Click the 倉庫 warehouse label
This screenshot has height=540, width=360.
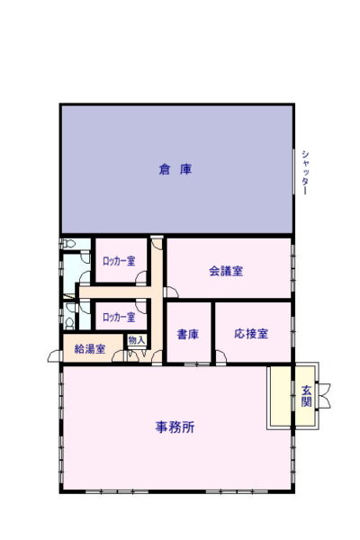175,169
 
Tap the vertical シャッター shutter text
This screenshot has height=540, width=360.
305,172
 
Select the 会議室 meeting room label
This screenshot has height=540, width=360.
226,271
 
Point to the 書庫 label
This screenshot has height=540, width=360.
188,334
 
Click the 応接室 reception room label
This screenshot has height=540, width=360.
251,333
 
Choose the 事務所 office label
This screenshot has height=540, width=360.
175,427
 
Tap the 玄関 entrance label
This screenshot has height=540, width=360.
306,396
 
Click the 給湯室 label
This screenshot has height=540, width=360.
90,349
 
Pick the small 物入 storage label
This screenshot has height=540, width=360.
137,340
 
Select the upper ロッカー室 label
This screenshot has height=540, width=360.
119,261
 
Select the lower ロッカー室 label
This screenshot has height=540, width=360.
119,317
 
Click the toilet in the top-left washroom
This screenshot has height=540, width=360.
68,244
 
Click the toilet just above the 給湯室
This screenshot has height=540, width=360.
69,323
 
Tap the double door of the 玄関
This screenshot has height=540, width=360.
324,396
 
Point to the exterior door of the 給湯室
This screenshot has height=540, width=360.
55,356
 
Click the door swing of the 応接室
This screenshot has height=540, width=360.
220,356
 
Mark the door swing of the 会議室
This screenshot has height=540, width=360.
172,292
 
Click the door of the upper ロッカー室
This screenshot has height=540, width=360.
141,277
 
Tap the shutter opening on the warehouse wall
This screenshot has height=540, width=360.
294,172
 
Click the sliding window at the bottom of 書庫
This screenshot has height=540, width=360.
197,364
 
